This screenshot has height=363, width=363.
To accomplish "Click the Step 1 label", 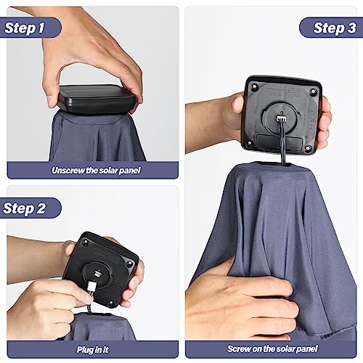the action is [x=25, y=28].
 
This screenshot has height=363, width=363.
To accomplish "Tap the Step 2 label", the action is [x=24, y=208].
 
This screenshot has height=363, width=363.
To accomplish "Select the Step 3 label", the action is [x=335, y=28].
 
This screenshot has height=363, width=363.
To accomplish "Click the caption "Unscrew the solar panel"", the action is [x=96, y=171].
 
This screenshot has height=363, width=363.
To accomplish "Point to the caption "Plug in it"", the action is [x=93, y=349].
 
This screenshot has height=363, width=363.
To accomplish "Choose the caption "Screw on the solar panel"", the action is [x=272, y=348].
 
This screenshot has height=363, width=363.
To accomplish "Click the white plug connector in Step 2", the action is [x=91, y=287].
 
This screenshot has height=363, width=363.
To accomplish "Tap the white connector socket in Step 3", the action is [x=282, y=118].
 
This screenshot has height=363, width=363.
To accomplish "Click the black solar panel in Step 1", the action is [x=97, y=99].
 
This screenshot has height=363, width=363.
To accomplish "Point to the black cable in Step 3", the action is [x=282, y=143].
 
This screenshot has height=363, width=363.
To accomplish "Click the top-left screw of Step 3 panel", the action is [x=254, y=86].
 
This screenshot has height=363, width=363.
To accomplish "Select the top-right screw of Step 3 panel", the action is [x=314, y=91].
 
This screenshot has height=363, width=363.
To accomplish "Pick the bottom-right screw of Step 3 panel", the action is [x=308, y=148].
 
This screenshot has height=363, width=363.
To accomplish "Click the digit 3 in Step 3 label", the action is [x=351, y=28].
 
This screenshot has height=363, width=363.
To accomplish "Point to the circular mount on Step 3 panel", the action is [x=282, y=118].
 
